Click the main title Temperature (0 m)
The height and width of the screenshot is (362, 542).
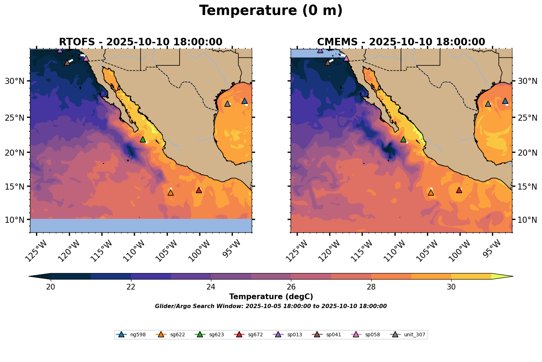click(x=271, y=11)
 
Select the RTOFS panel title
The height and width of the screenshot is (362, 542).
click(x=141, y=42)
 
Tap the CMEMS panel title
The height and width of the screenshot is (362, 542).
click(x=401, y=42)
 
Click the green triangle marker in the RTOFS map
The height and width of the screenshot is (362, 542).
click(x=143, y=139)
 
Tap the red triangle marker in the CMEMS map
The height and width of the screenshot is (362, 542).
click(x=459, y=190)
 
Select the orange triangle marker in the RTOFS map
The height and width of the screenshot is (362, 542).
click(x=171, y=192)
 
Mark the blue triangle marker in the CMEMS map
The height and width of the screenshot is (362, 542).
click(x=505, y=101)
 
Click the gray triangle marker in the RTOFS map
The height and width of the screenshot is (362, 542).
click(x=227, y=104)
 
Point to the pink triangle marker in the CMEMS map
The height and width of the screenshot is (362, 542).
click(x=346, y=58)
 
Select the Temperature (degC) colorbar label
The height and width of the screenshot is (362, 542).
click(x=271, y=297)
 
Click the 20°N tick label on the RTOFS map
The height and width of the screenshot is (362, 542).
click(x=14, y=152)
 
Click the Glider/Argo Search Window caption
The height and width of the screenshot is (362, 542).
click(x=271, y=306)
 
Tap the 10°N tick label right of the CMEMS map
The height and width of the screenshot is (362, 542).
click(x=527, y=220)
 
